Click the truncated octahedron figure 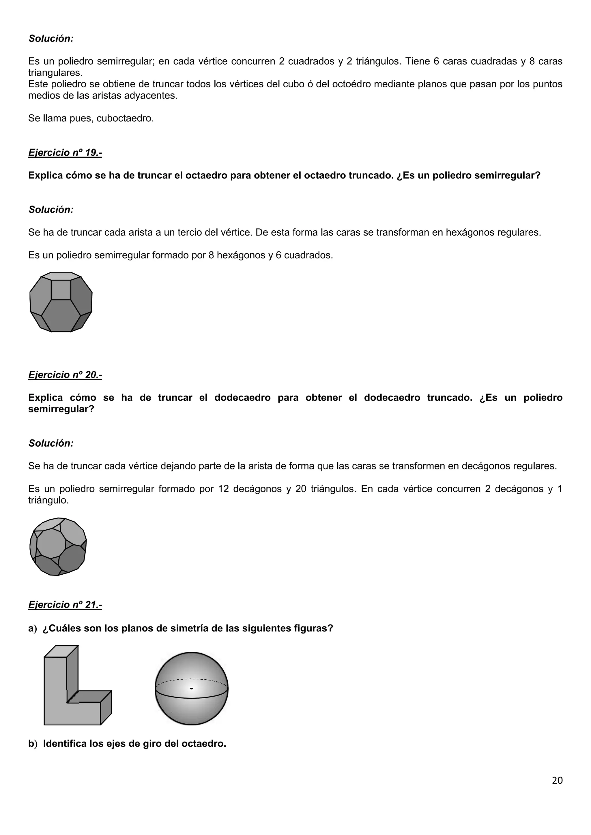[x=61, y=302]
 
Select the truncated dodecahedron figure [x=58, y=547]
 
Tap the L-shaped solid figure [x=73, y=687]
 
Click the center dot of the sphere [x=191, y=689]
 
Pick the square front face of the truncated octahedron [x=61, y=290]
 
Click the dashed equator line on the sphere [x=191, y=679]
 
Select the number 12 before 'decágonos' [x=223, y=489]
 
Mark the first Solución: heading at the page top [x=51, y=39]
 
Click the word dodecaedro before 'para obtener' [x=242, y=398]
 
